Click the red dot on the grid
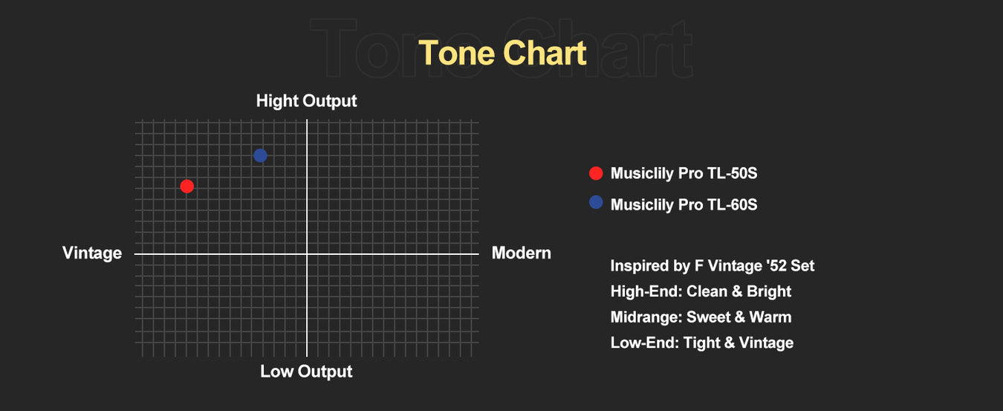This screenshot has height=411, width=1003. pyautogui.click(x=187, y=186)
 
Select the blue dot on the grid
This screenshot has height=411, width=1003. pyautogui.click(x=260, y=155)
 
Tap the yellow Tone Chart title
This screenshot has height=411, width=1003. pyautogui.click(x=502, y=53)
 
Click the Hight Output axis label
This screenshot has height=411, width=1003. pyautogui.click(x=306, y=101)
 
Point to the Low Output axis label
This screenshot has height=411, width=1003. pyautogui.click(x=306, y=372)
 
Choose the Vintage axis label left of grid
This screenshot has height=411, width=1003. pyautogui.click(x=92, y=253)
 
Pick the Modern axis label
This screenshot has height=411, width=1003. pyautogui.click(x=522, y=253)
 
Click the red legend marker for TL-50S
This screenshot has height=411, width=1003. pyautogui.click(x=596, y=173)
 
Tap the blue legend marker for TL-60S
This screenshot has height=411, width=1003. pyautogui.click(x=596, y=202)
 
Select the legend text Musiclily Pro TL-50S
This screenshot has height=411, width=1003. pyautogui.click(x=684, y=173)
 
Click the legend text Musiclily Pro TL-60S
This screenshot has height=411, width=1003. pyautogui.click(x=684, y=204)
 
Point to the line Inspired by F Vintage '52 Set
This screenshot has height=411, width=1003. pyautogui.click(x=713, y=266)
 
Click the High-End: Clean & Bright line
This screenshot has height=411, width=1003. pyautogui.click(x=701, y=291)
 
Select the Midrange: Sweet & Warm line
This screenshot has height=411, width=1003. pyautogui.click(x=701, y=317)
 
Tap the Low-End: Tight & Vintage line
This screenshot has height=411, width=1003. pyautogui.click(x=701, y=343)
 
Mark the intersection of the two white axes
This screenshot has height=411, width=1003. pyautogui.click(x=307, y=254)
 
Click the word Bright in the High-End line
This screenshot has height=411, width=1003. pyautogui.click(x=769, y=291)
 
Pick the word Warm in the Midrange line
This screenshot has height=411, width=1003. pyautogui.click(x=770, y=317)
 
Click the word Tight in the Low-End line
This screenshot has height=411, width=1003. pyautogui.click(x=702, y=343)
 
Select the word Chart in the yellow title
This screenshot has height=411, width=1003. pyautogui.click(x=545, y=53)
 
